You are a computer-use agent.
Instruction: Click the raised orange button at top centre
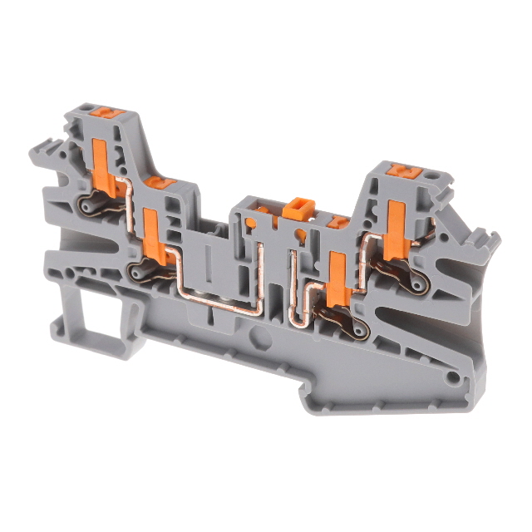(295, 207)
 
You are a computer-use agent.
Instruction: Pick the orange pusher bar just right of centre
(336, 278)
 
